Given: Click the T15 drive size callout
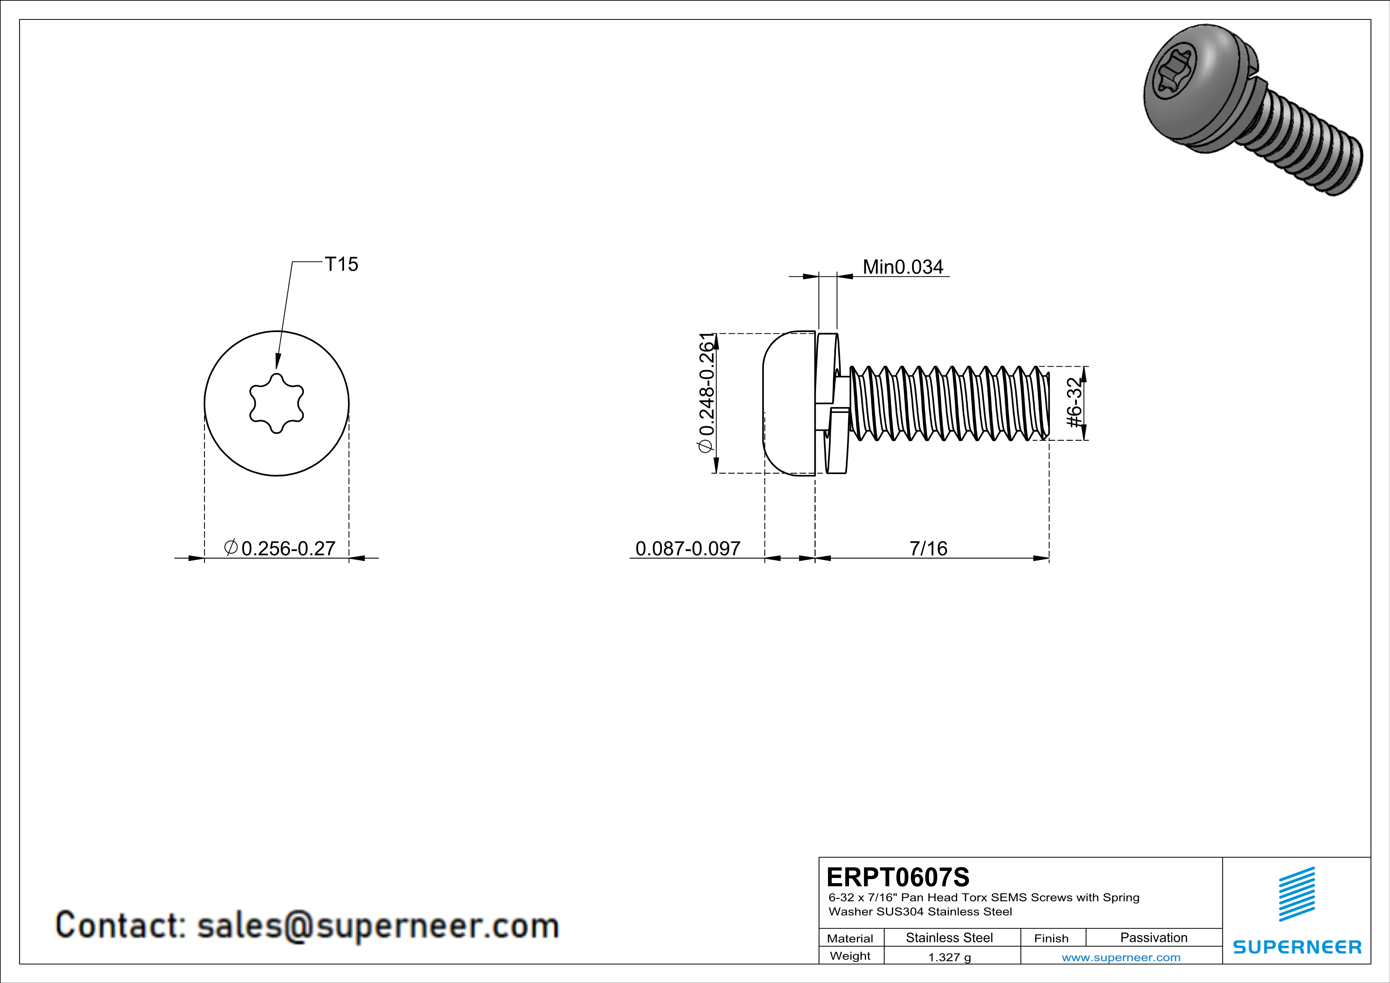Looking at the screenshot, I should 341,264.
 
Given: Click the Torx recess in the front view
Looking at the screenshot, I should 277,403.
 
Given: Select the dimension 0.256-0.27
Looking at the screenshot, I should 288,549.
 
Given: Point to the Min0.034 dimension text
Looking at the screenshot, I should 902,267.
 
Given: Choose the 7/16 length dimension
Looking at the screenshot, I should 928,549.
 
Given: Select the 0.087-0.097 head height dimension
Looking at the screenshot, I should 688,549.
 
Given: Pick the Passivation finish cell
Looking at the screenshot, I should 1153,937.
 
